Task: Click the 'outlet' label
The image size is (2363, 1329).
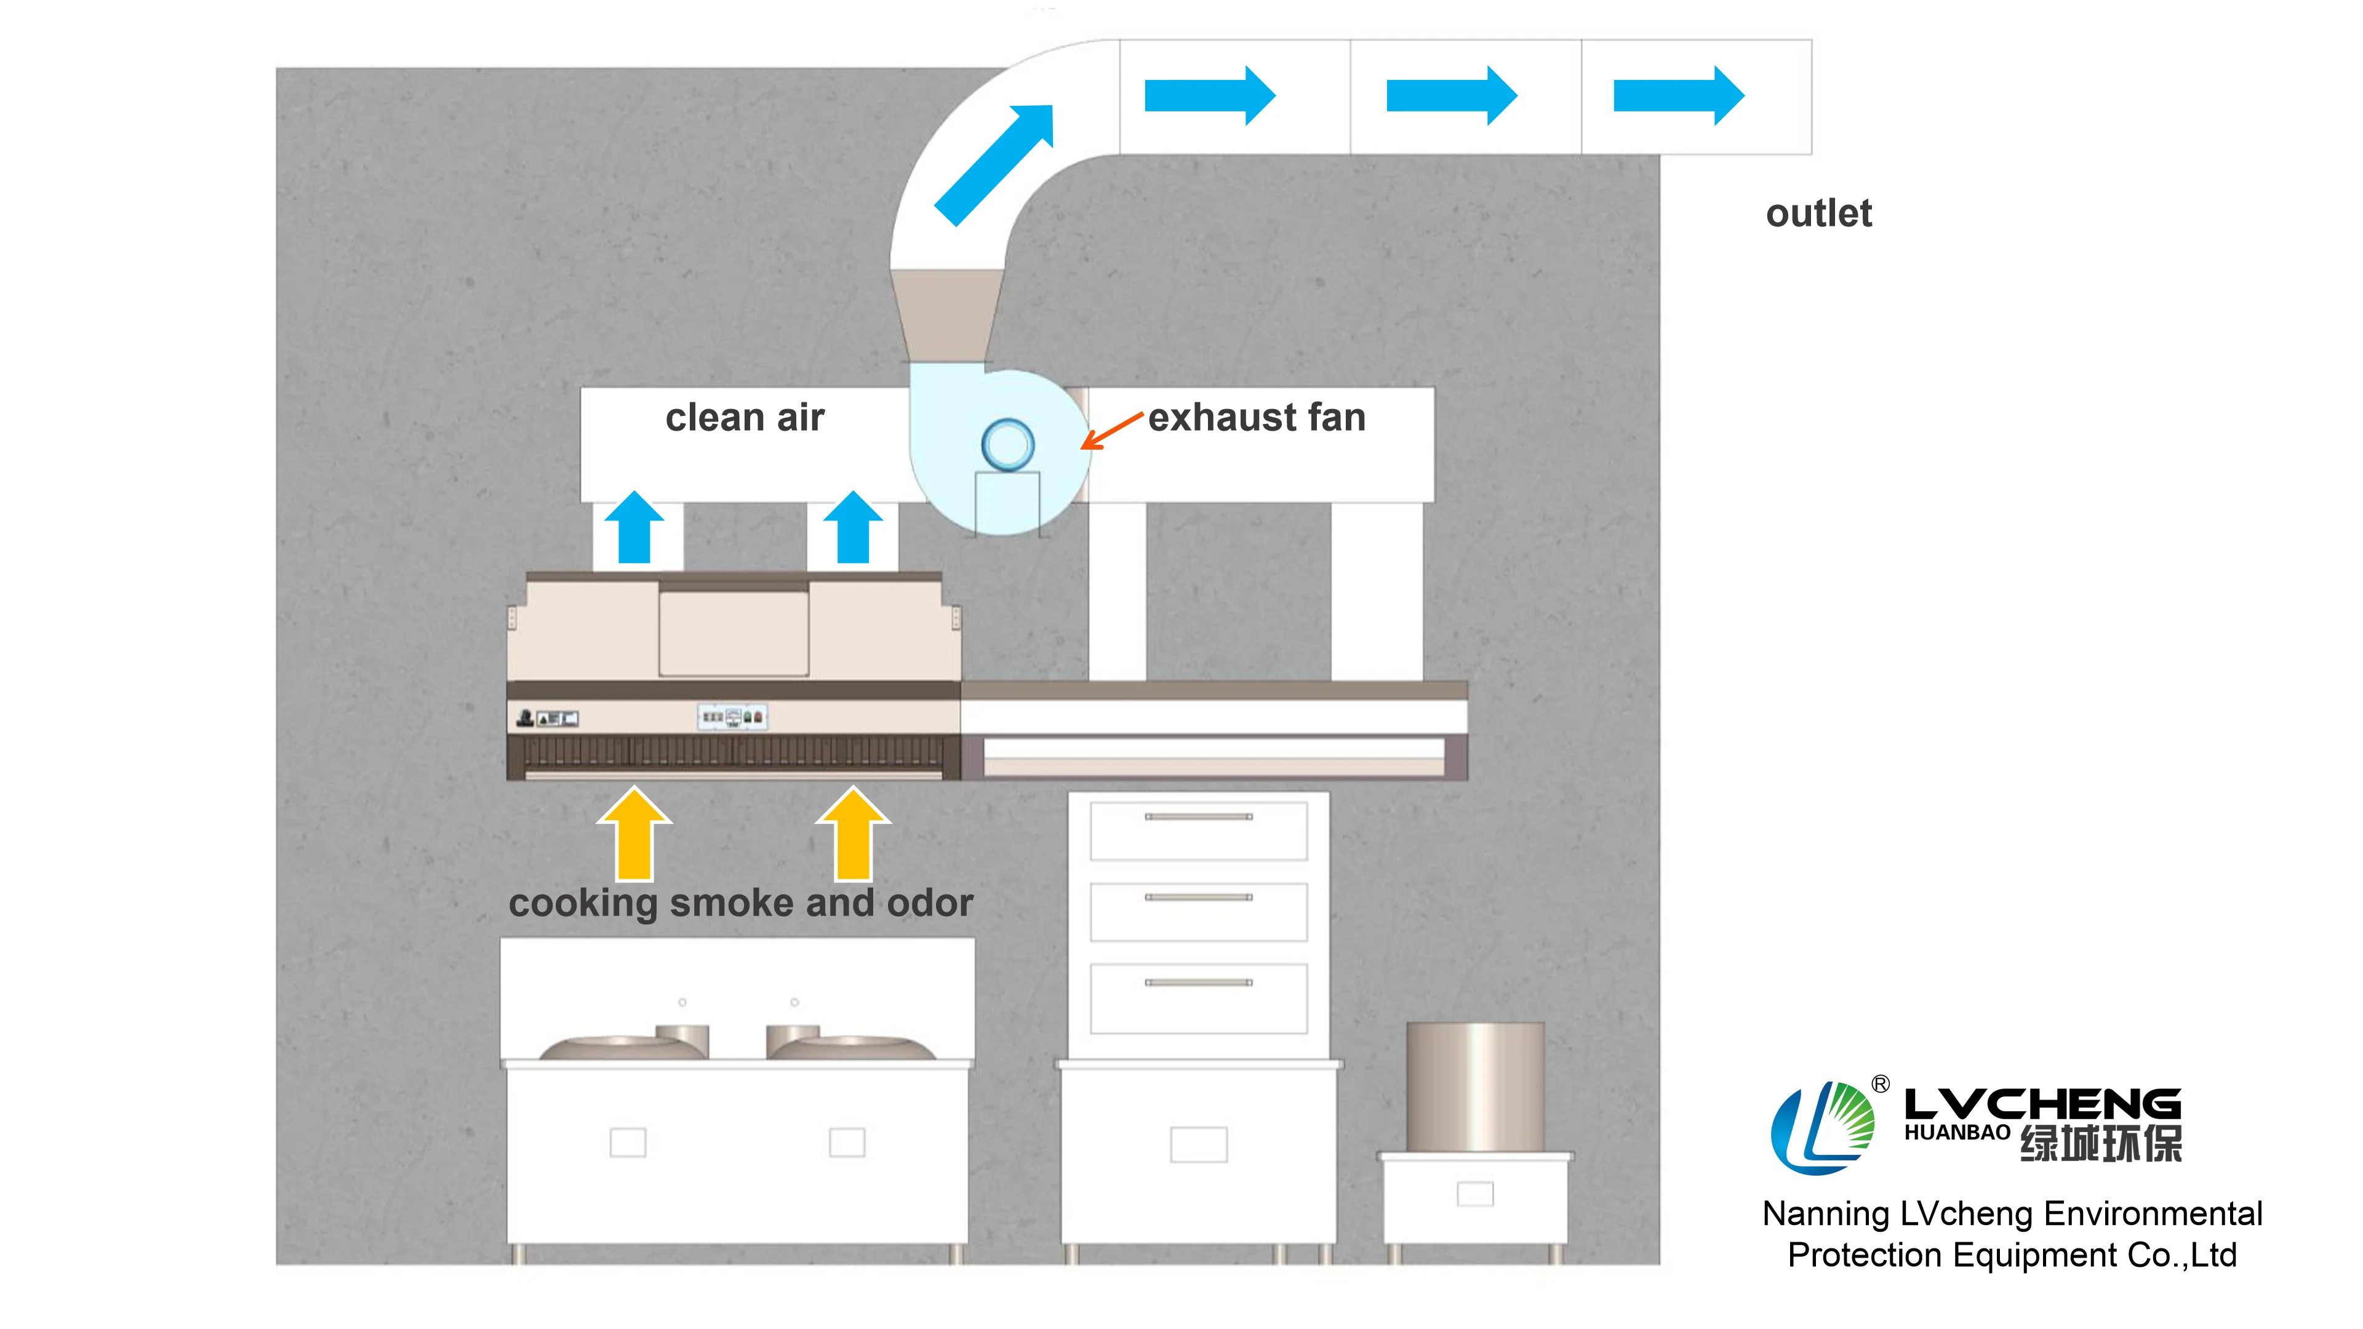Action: pos(1818,214)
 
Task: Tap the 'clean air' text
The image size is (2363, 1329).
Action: pos(744,418)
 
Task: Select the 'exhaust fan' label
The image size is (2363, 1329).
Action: pos(1257,418)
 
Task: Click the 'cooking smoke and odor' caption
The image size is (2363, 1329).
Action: pos(740,903)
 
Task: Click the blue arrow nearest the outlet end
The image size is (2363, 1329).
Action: pos(1677,95)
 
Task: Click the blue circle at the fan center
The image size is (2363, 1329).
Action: pos(1007,445)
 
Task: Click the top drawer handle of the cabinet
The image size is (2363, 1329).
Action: pos(1198,816)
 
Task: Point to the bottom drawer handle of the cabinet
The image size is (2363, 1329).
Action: pos(1198,983)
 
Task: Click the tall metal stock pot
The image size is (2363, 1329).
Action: pos(1474,1087)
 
